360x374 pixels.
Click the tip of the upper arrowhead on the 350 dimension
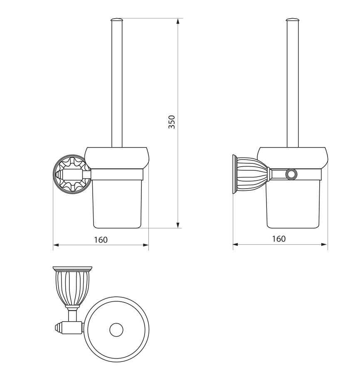[178, 18]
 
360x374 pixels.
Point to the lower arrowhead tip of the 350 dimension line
[178, 228]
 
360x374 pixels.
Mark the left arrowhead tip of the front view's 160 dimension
[53, 245]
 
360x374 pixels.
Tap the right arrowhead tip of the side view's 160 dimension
[327, 244]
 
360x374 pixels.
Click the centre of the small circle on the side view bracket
[291, 174]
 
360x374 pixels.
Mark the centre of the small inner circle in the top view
[116, 330]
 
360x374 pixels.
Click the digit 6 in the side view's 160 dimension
[279, 239]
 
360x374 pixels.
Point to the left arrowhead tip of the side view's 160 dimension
[233, 244]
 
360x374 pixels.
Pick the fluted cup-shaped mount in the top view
[72, 287]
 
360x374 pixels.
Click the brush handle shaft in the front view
[117, 83]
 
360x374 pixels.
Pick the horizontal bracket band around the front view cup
[117, 174]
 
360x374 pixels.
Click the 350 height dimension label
[172, 122]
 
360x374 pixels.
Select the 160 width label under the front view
[101, 239]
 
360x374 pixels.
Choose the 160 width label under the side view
[279, 239]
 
